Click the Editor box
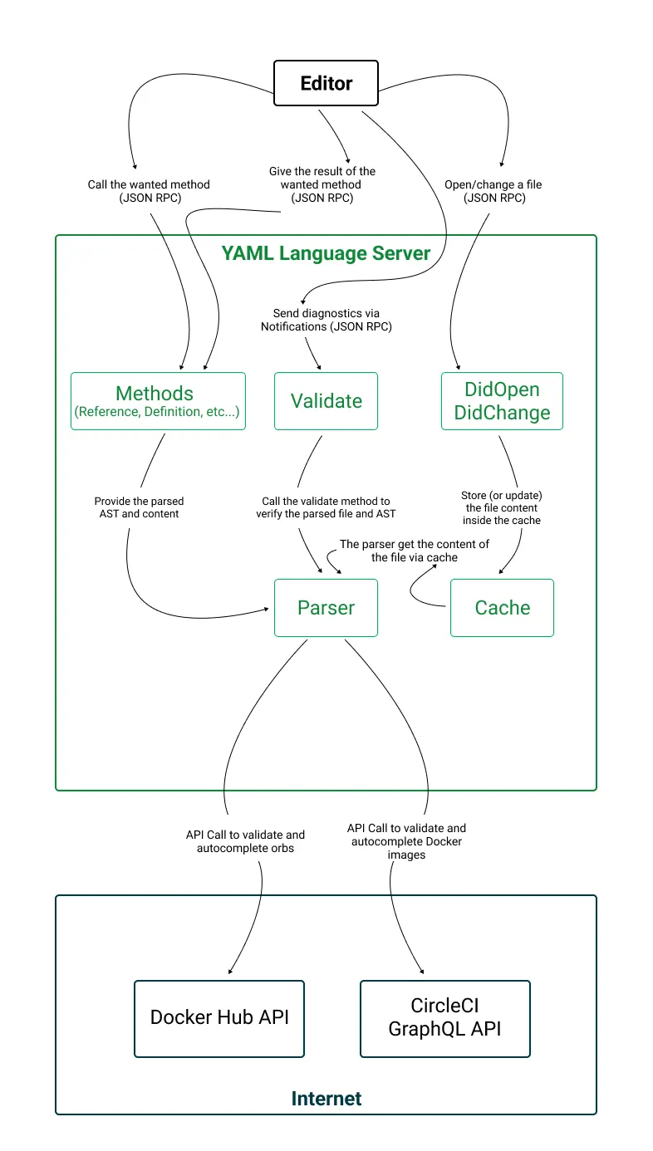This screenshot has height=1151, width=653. tap(326, 83)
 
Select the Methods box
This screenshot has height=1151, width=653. tap(158, 401)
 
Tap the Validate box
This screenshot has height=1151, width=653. tap(326, 401)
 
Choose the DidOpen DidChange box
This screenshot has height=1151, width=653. tap(502, 401)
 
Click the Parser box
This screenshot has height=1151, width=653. tap(326, 608)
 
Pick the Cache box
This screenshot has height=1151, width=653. tap(502, 608)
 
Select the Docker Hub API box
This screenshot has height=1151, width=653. tap(219, 1018)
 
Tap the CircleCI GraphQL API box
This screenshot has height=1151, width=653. tap(444, 1018)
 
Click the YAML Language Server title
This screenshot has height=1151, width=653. tap(326, 253)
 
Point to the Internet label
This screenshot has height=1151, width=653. tap(326, 1099)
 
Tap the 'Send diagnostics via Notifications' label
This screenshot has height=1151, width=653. tap(326, 320)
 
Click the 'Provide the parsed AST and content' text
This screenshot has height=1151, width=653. tap(139, 507)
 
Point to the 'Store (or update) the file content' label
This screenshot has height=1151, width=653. tap(501, 507)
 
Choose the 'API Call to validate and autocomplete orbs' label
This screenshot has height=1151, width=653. tap(245, 841)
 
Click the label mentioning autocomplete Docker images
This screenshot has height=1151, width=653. tap(406, 841)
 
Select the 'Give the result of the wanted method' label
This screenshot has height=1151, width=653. tap(322, 184)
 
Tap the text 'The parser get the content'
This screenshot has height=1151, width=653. tap(415, 551)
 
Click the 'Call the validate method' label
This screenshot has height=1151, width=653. tap(326, 507)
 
